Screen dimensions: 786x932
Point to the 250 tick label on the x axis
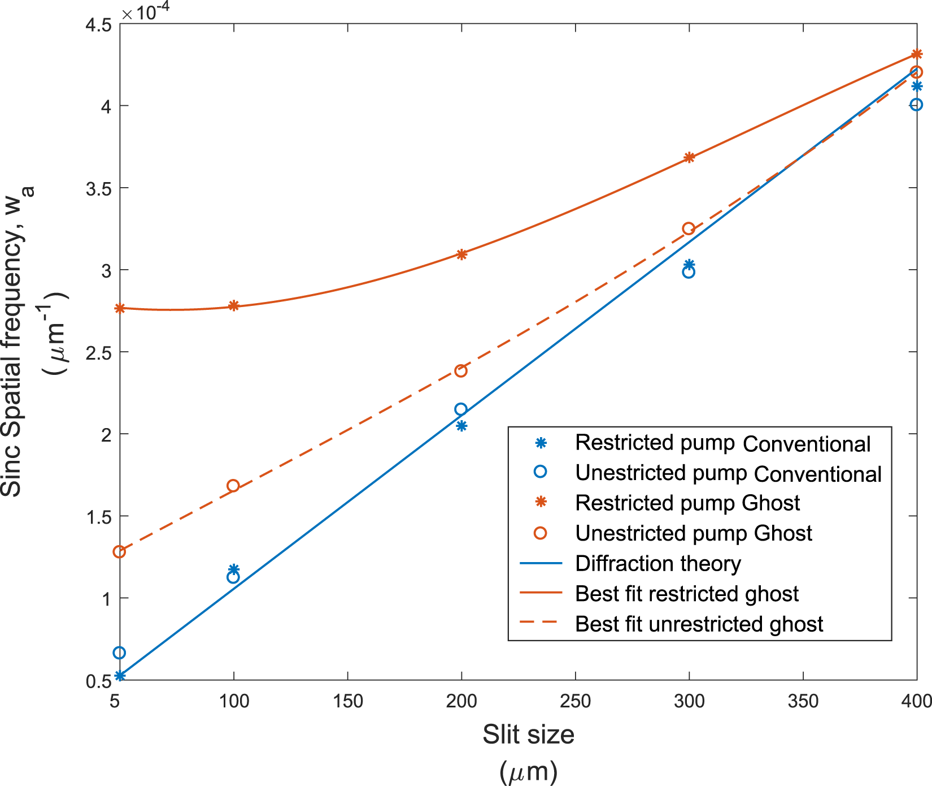click(x=575, y=701)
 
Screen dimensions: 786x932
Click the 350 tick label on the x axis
click(x=803, y=701)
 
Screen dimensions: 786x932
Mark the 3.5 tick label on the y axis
click(x=98, y=188)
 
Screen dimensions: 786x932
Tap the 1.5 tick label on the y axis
click(x=98, y=516)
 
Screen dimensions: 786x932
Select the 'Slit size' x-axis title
click(x=528, y=735)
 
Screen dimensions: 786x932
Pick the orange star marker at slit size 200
click(x=461, y=254)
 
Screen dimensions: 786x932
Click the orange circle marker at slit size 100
click(x=233, y=486)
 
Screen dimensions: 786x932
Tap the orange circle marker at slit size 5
click(x=119, y=551)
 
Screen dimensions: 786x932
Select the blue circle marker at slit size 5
click(x=119, y=653)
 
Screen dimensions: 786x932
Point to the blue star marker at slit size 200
click(x=461, y=426)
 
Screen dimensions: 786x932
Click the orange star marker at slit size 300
click(x=689, y=158)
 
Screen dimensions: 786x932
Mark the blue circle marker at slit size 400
click(x=916, y=105)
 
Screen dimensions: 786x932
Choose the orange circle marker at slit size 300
click(x=688, y=228)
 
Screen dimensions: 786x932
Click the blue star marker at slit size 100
click(x=234, y=569)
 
